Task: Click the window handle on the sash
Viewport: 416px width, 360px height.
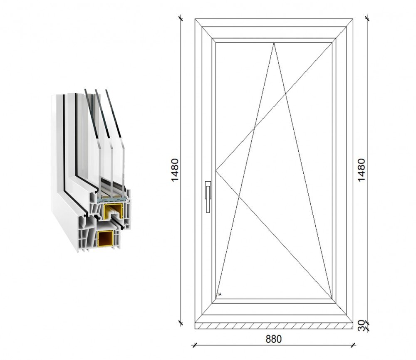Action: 208,197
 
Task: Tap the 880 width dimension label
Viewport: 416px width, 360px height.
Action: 274,339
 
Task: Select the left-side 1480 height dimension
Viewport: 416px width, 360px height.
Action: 175,170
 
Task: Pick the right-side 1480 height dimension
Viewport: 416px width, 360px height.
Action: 362,170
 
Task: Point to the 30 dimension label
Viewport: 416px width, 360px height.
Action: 362,325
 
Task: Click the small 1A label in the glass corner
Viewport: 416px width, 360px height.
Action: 219,294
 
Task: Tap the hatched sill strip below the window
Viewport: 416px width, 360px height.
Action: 274,326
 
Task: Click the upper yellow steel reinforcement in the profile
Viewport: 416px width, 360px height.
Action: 113,212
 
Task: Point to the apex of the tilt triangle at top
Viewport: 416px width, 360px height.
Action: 274,43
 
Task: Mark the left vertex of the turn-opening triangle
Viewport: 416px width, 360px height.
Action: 216,170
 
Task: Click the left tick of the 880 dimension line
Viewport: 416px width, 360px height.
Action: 195,345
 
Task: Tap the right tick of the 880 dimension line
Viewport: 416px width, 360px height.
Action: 353,345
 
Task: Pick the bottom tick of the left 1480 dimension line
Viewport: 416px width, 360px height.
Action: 181,323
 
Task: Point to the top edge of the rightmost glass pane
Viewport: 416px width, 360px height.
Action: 107,90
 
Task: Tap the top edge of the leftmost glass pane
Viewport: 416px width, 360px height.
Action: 86,90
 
